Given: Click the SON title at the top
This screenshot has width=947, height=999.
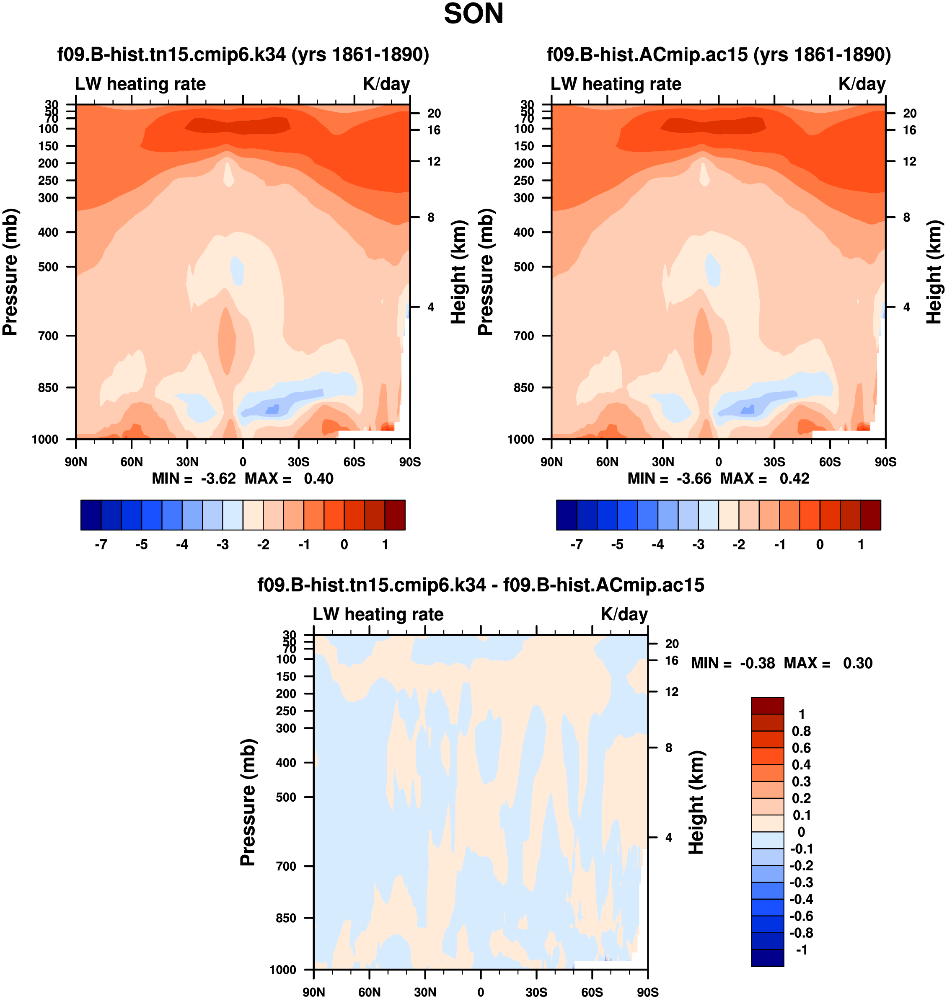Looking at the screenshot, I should (x=473, y=14).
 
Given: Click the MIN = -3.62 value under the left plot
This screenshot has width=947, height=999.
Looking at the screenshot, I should (x=194, y=479).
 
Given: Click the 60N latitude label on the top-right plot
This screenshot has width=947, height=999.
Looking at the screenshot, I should (x=607, y=462).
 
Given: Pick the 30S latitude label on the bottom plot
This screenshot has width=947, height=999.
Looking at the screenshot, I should (x=536, y=992).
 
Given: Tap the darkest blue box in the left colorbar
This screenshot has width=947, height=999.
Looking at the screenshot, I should (x=91, y=515).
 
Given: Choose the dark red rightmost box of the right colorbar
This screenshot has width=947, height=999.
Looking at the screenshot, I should (x=870, y=515).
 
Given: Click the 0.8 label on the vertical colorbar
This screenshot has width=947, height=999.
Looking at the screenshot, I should (x=801, y=731).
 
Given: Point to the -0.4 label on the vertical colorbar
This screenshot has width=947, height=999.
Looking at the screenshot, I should (x=801, y=899).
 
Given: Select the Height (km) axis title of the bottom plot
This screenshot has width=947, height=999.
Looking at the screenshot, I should (x=696, y=802).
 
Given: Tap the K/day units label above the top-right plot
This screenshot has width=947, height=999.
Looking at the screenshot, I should (x=862, y=84).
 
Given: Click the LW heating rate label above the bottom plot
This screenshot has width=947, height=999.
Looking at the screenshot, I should (x=378, y=614).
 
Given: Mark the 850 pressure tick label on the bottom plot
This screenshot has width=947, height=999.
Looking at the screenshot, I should (x=286, y=918).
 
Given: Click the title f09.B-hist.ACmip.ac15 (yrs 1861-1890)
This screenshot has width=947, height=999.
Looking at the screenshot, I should (x=719, y=54).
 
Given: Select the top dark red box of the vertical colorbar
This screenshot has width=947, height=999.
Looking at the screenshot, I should (x=767, y=705).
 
